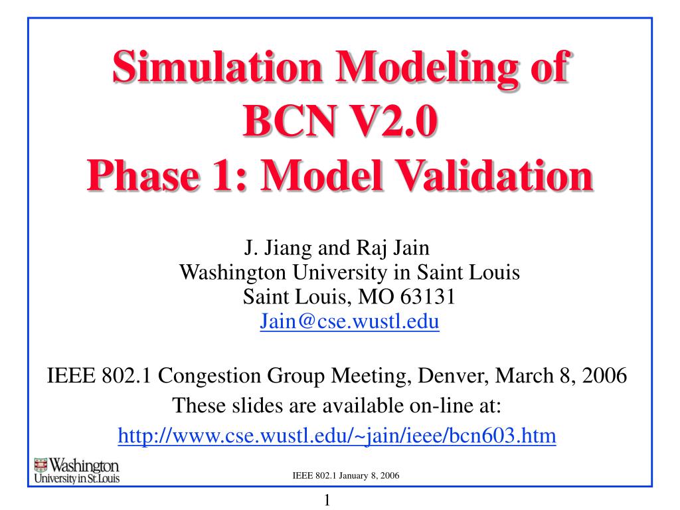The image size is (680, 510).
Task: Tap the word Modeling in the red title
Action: coord(427,69)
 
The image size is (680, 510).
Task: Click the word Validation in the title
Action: coord(494,175)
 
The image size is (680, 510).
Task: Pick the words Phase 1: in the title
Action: coord(167,175)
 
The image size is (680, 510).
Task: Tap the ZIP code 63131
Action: coord(428,297)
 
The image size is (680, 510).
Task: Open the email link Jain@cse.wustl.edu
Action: coord(349,321)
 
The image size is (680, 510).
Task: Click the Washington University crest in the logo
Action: coord(41,465)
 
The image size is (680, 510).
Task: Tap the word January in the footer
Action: coord(353,475)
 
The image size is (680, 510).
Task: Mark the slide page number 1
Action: coord(327,500)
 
